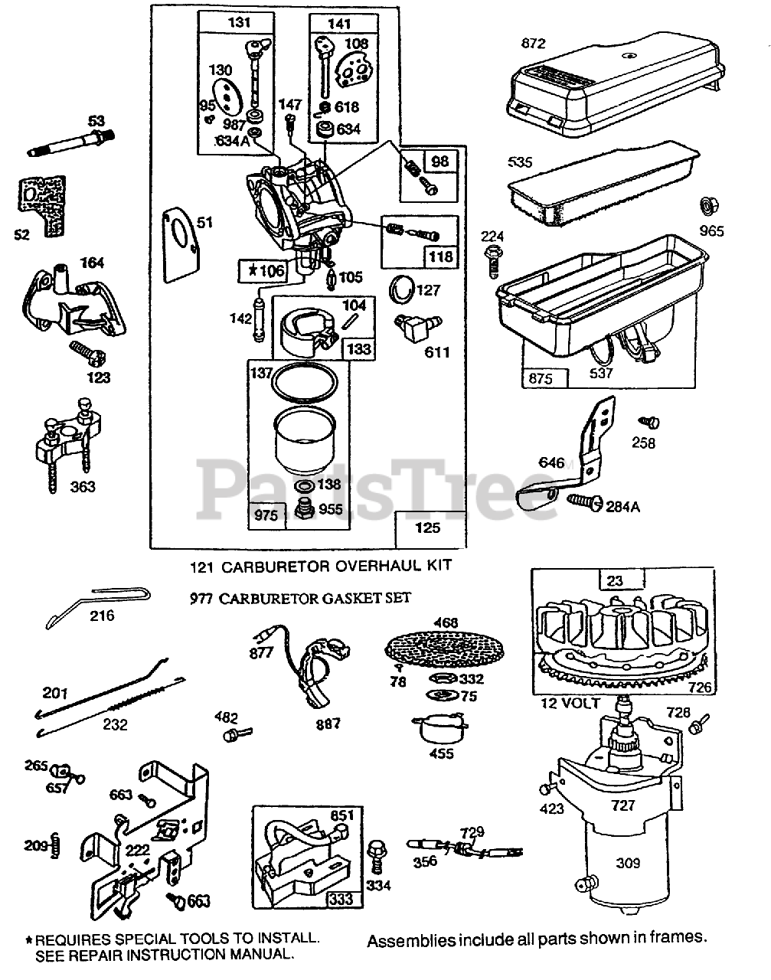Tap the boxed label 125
click(428, 528)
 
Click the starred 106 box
click(261, 270)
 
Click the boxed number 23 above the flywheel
click(615, 581)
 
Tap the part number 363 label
click(82, 486)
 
